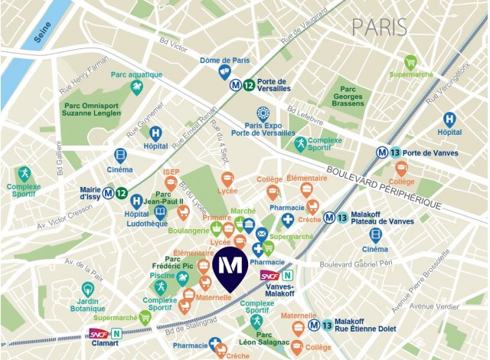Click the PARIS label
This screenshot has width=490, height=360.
379,27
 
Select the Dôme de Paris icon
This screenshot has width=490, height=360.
225,71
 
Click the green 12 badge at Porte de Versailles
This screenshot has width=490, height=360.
249,87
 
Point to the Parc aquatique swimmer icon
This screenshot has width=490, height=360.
137,88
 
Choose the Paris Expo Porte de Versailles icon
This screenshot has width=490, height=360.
263,113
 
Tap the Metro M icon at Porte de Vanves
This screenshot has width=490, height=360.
381,152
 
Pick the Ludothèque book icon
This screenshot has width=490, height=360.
160,212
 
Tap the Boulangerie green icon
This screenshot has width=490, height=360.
217,228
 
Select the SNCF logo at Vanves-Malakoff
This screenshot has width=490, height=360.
269,275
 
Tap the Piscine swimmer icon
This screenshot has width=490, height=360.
161,287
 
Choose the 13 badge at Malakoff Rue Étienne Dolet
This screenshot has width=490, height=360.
328,326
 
